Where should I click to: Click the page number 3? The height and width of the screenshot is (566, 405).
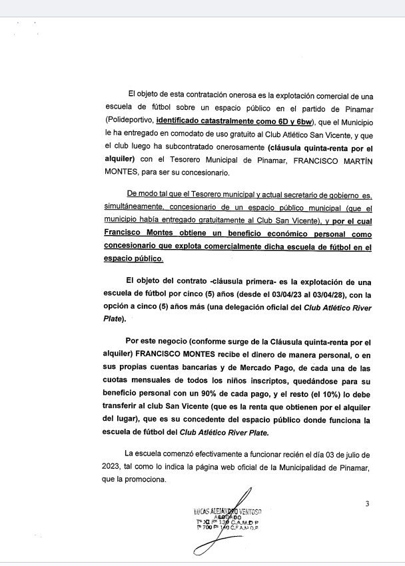(x=366, y=503)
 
